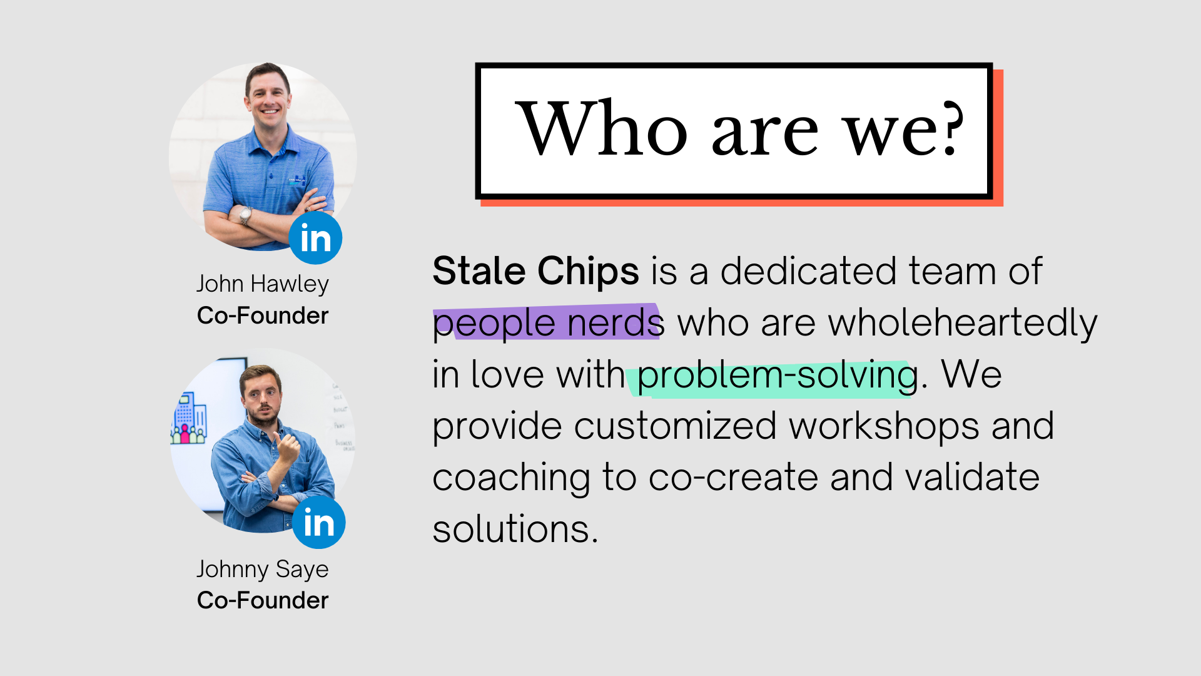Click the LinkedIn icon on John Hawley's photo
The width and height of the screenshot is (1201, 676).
tap(315, 238)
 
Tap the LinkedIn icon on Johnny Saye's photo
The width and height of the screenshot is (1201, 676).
tap(319, 522)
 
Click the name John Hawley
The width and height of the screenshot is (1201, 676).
tap(263, 284)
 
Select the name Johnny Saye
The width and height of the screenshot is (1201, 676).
tap(263, 570)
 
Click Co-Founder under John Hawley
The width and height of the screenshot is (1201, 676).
tap(263, 315)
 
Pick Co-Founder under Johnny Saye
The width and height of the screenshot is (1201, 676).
tap(263, 600)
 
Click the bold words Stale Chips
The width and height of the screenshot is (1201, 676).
tap(536, 271)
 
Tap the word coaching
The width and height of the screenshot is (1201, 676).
tap(512, 478)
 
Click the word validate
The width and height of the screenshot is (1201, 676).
tap(972, 478)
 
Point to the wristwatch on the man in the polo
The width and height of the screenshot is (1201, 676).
tap(245, 215)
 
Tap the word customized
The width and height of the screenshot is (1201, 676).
tap(676, 427)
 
